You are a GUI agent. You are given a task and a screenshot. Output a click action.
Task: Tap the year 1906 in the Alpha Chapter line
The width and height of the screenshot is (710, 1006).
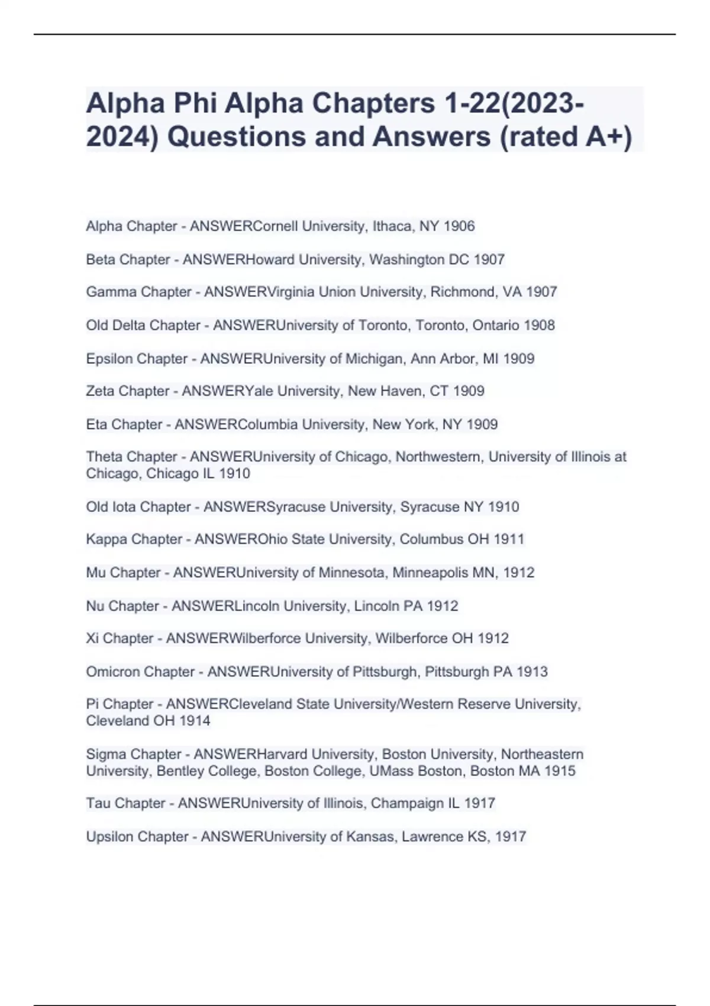point(459,226)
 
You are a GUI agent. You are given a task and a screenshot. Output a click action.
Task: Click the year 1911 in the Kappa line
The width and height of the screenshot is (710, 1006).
point(509,539)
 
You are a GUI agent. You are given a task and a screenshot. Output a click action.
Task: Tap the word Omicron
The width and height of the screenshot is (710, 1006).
point(111,672)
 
